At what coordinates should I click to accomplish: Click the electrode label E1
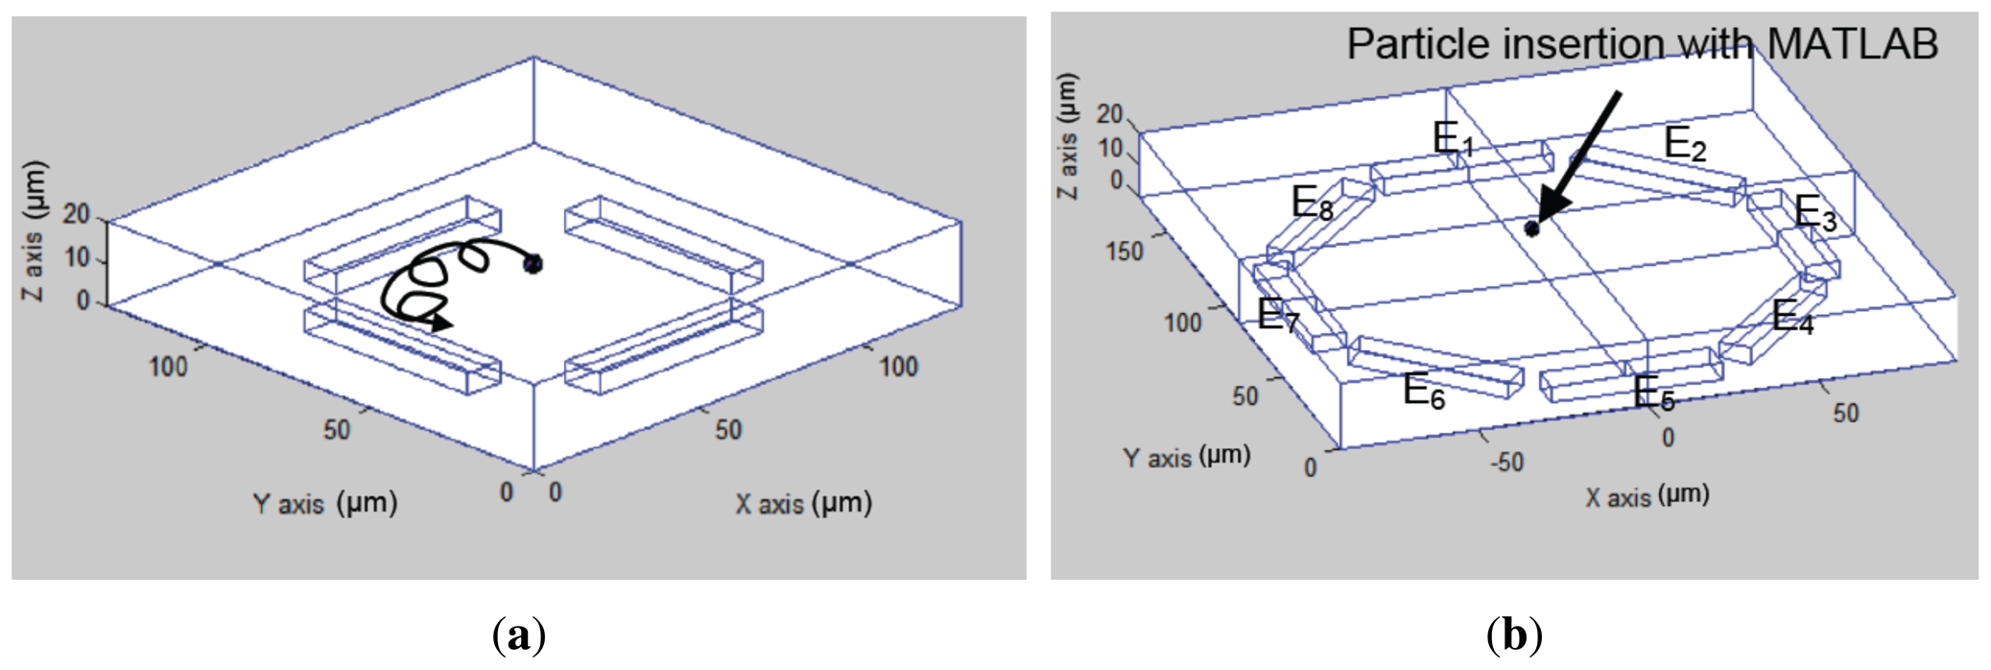click(x=1453, y=140)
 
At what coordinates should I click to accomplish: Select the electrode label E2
click(x=1685, y=144)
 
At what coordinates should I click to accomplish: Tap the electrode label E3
click(x=1814, y=212)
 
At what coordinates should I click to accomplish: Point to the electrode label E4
click(x=1792, y=317)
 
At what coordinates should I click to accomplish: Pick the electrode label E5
click(x=1653, y=394)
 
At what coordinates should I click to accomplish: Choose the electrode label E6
click(x=1423, y=391)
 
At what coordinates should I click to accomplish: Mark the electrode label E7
click(x=1278, y=315)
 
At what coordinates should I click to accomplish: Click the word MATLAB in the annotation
click(x=1852, y=44)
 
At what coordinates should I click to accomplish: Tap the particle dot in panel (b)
click(x=1532, y=228)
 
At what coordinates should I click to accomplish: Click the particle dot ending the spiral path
click(x=533, y=263)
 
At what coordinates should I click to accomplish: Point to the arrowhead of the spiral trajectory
click(x=442, y=323)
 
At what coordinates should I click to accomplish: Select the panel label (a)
click(x=519, y=635)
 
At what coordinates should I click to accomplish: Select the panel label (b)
click(x=1514, y=635)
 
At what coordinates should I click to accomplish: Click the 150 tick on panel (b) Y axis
click(x=1124, y=251)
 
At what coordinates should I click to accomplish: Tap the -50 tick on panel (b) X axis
click(x=1505, y=463)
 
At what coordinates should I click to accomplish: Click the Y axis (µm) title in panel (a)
click(x=324, y=503)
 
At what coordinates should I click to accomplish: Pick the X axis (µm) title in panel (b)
click(x=1647, y=496)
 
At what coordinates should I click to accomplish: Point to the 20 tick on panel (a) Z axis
click(x=76, y=214)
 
